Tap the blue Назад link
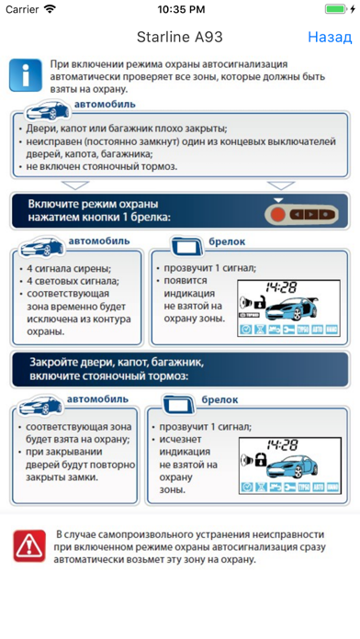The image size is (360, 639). (330, 37)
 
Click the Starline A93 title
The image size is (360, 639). (180, 37)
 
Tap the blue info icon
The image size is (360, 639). (26, 75)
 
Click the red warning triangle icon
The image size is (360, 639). (29, 545)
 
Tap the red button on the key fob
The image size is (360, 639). (278, 214)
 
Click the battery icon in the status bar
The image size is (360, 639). (337, 9)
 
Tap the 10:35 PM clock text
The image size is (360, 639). (181, 10)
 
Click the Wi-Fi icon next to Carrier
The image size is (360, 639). (50, 9)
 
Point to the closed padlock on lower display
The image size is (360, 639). (260, 460)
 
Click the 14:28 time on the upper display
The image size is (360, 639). (282, 287)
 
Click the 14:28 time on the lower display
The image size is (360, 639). (283, 444)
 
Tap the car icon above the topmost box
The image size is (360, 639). (47, 110)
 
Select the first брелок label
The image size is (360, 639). (227, 241)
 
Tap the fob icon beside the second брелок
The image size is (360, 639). (178, 404)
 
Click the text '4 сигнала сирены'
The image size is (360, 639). (69, 269)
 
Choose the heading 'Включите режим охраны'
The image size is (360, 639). (93, 204)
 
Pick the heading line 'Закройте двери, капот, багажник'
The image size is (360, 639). (117, 363)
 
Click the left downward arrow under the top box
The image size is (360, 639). (75, 185)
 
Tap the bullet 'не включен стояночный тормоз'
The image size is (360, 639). (102, 167)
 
